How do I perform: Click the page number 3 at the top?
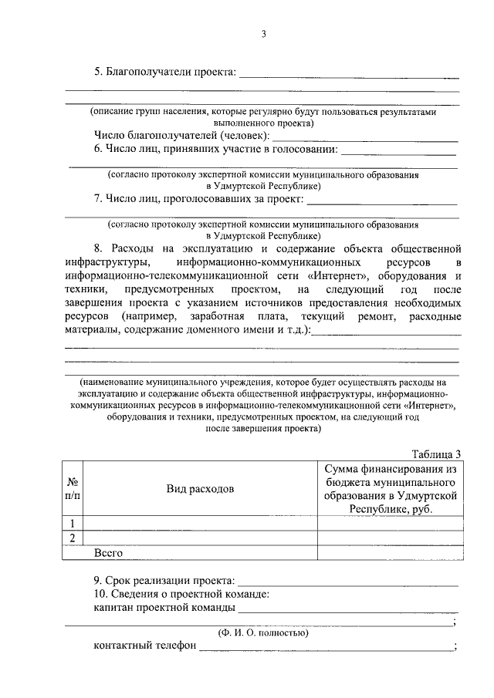point(263,34)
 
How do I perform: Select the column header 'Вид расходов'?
point(200,489)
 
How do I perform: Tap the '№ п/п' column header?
point(72,488)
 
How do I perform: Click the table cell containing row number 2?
point(72,538)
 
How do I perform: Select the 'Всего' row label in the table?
point(109,552)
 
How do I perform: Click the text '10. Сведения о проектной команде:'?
point(181,594)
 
